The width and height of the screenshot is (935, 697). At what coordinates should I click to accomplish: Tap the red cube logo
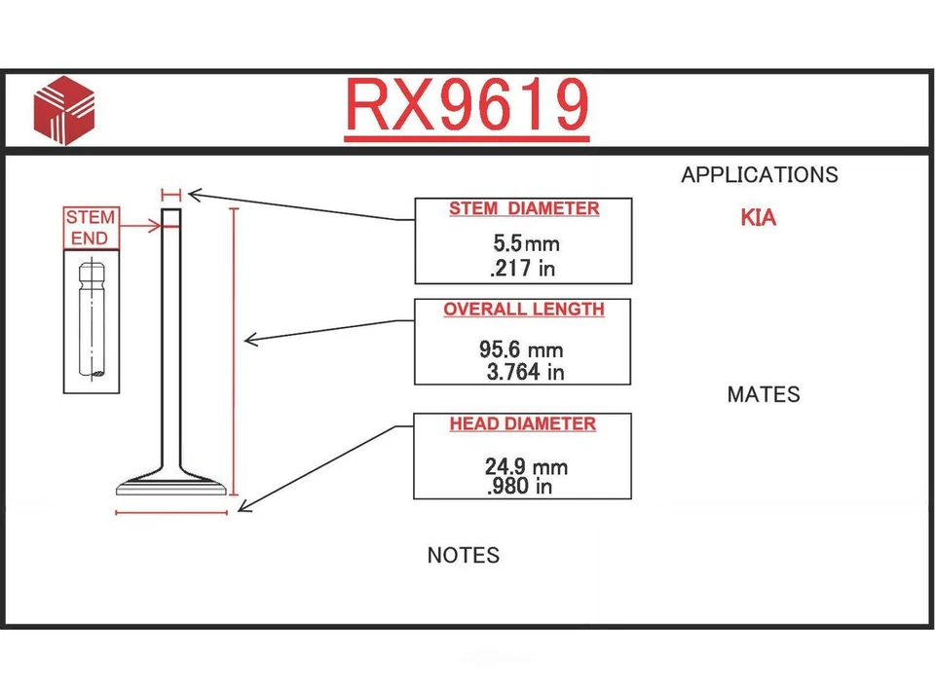click(64, 110)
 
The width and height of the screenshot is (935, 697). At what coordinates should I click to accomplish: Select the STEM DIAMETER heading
click(524, 208)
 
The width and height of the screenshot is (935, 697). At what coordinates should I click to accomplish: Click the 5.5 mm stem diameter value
click(526, 243)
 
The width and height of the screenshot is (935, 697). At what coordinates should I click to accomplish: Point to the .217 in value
click(522, 269)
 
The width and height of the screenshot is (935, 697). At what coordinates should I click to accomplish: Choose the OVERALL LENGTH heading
click(524, 310)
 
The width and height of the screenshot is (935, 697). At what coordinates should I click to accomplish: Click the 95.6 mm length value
click(521, 349)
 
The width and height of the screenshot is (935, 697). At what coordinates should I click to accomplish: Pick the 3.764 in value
click(525, 372)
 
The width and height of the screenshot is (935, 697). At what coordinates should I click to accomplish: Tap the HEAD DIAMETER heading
click(522, 423)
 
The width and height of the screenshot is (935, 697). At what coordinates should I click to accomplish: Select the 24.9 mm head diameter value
click(526, 466)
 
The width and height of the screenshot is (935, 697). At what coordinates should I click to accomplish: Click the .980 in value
click(519, 486)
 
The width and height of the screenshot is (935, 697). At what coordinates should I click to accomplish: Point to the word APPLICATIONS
click(760, 174)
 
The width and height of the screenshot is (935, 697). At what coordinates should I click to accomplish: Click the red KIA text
click(759, 218)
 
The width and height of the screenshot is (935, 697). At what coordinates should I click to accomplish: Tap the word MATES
click(764, 394)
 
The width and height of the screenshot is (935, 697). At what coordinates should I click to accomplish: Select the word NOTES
click(464, 555)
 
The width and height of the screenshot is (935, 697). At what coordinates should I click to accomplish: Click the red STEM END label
click(91, 227)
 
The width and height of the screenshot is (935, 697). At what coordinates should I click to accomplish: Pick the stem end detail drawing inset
click(92, 321)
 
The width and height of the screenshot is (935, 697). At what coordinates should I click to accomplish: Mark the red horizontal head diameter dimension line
click(171, 512)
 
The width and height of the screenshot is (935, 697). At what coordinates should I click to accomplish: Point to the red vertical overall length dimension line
click(234, 351)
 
